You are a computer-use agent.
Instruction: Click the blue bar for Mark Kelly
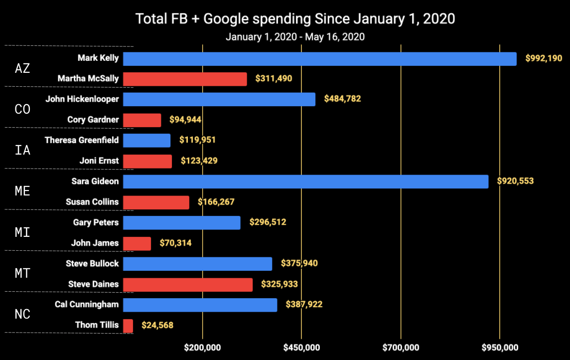coord(319,59)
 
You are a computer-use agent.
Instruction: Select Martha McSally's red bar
coord(185,79)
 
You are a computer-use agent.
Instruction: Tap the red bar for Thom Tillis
coord(128,326)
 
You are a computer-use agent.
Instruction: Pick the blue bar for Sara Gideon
coord(305,181)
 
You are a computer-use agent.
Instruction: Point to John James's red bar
coord(137,243)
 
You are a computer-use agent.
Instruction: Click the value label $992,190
coord(544,59)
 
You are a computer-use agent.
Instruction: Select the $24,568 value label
coord(157,326)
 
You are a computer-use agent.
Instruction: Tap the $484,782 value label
coord(342,99)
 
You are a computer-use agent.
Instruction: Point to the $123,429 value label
coord(199,161)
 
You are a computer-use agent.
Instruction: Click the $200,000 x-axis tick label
coord(202,347)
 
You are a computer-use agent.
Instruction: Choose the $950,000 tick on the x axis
coord(499,347)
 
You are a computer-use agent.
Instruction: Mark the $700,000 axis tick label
coord(401,347)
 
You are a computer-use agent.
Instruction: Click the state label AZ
coord(22,68)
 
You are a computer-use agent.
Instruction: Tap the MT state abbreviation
coord(22,273)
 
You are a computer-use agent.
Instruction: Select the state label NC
coord(22,314)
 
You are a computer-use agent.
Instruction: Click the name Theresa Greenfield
coord(82,140)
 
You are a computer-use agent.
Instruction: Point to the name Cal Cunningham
coord(87,304)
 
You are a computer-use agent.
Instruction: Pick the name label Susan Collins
coord(92,202)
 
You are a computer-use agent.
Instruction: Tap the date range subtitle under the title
coord(295,37)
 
